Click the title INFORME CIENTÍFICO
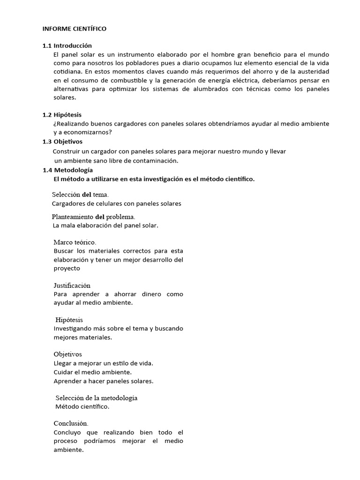pos(75,29)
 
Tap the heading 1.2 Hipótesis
pos(65,115)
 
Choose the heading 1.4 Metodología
pos(67,170)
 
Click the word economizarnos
pos(87,132)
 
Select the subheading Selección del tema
pos(80,194)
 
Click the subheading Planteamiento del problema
pos(93,217)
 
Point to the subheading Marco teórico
pos(75,242)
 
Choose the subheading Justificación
pos(72,285)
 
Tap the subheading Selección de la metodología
pos(97,397)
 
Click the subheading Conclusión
pos(71,423)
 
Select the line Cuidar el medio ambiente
pos(92,372)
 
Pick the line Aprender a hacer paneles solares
pos(103,381)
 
